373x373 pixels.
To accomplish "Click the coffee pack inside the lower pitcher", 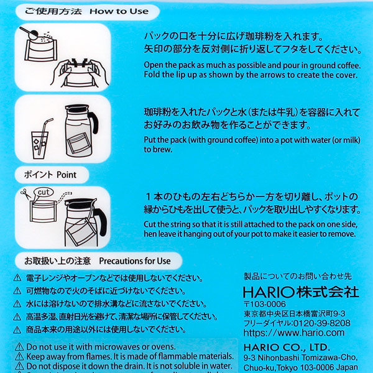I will [81, 236].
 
